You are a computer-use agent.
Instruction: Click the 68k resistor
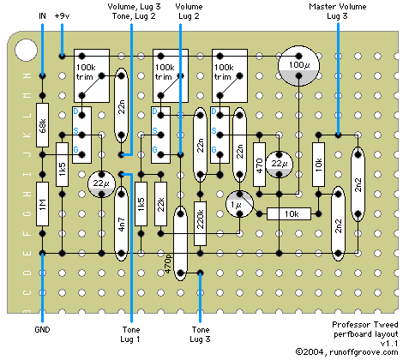[x=42, y=125]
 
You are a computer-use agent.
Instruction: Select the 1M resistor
[x=42, y=204]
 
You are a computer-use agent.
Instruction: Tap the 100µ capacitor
[x=298, y=66]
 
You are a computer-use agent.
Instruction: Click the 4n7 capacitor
[x=122, y=224]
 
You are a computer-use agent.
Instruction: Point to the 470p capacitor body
[x=180, y=243]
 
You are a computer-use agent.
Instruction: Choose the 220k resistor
[x=200, y=224]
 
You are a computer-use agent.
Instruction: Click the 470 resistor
[x=259, y=165]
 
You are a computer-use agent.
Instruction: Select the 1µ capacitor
[x=239, y=204]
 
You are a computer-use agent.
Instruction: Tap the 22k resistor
[x=160, y=204]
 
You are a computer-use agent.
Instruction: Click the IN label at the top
[x=42, y=16]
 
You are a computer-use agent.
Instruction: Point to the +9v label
[x=62, y=16]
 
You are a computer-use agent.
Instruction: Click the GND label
[x=42, y=330]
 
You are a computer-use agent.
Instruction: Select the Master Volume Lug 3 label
[x=338, y=11]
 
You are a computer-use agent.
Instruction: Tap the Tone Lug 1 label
[x=131, y=334]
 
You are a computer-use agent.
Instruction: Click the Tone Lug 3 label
[x=200, y=334]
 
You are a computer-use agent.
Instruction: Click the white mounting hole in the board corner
[x=26, y=50]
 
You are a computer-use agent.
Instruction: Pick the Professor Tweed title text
[x=365, y=325]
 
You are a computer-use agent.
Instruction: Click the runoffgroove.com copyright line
[x=346, y=352]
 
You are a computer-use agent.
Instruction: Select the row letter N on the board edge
[x=27, y=75]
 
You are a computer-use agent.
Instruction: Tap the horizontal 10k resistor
[x=289, y=213]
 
